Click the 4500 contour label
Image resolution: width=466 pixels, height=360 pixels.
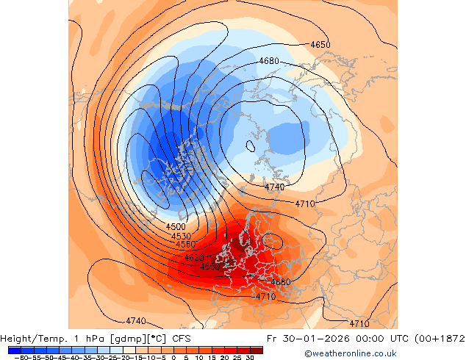[x=176, y=227]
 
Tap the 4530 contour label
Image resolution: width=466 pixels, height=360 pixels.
[x=181, y=236]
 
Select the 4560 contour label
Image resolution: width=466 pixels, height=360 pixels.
[x=185, y=244]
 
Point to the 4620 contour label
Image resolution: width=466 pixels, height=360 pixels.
[x=194, y=258]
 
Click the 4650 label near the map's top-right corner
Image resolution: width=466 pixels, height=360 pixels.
[x=320, y=45]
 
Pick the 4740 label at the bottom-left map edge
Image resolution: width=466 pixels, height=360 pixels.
[x=135, y=321]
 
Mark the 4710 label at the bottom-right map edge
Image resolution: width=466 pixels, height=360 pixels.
[x=359, y=323]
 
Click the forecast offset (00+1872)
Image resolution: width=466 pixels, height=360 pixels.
[x=437, y=339]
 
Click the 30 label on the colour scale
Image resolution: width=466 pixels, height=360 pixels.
[x=251, y=358]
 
